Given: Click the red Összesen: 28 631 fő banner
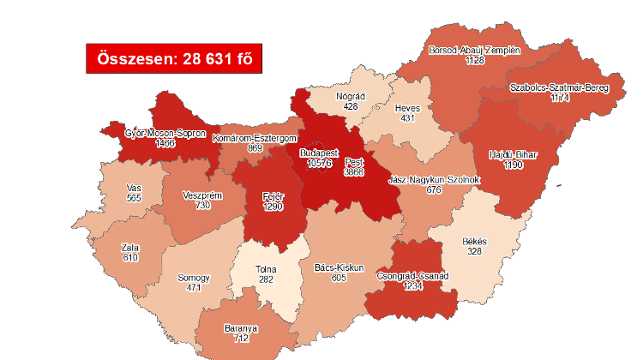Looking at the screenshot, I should pos(174,58).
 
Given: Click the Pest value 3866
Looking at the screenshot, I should pos(353,171).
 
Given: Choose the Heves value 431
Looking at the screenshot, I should pos(407,118).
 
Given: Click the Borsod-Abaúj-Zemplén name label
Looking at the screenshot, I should pos(474,50).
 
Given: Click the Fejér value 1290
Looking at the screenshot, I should pos(273,206).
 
